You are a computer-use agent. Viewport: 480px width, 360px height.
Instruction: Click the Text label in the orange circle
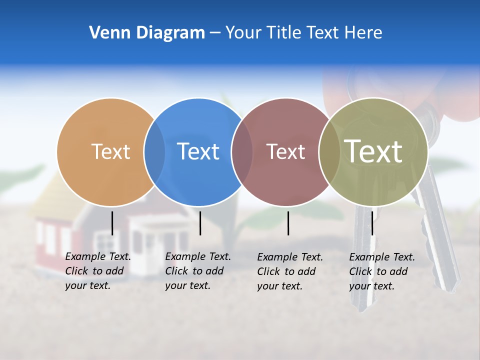110,151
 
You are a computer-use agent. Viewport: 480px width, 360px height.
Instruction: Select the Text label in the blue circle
198,151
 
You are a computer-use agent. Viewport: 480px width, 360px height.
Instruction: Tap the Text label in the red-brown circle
285,151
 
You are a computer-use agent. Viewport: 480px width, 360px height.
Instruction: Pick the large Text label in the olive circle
373,151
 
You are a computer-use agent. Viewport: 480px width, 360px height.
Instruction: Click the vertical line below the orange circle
112,223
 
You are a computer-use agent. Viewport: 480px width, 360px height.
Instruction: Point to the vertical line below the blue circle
200,223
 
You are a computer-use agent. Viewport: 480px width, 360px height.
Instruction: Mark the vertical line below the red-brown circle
288,223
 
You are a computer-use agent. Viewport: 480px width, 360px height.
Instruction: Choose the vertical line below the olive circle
372,223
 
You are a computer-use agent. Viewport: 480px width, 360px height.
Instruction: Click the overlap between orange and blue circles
154,151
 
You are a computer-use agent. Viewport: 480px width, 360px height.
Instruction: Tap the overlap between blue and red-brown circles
242,151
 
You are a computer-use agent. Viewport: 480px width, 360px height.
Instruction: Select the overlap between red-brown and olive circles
329,151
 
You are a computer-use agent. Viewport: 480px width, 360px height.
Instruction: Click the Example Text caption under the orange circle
98,271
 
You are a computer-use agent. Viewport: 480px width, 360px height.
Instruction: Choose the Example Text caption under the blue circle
198,271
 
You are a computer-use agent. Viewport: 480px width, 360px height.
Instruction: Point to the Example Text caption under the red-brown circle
290,271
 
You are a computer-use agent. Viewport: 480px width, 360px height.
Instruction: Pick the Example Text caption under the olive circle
382,271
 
